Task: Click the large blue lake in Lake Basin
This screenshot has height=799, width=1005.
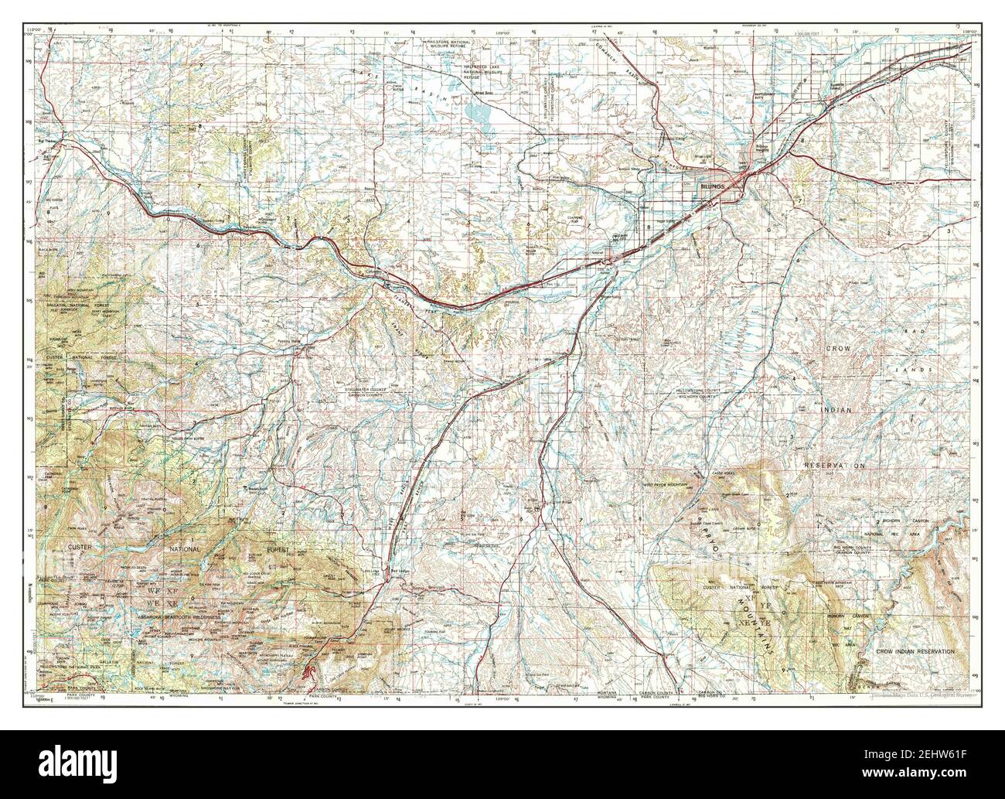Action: coord(479,117)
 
